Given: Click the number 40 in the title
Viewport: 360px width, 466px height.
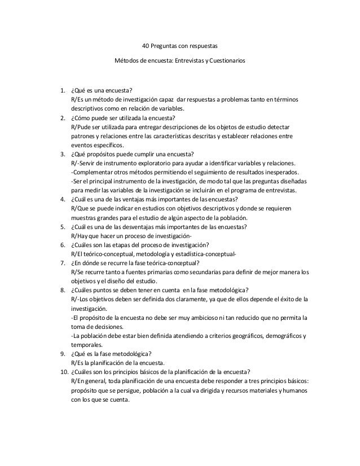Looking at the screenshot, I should pos(144,45).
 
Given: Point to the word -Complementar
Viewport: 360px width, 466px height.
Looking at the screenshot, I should pos(91,172).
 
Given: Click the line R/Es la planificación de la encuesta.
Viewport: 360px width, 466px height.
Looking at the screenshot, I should pos(117,363).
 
